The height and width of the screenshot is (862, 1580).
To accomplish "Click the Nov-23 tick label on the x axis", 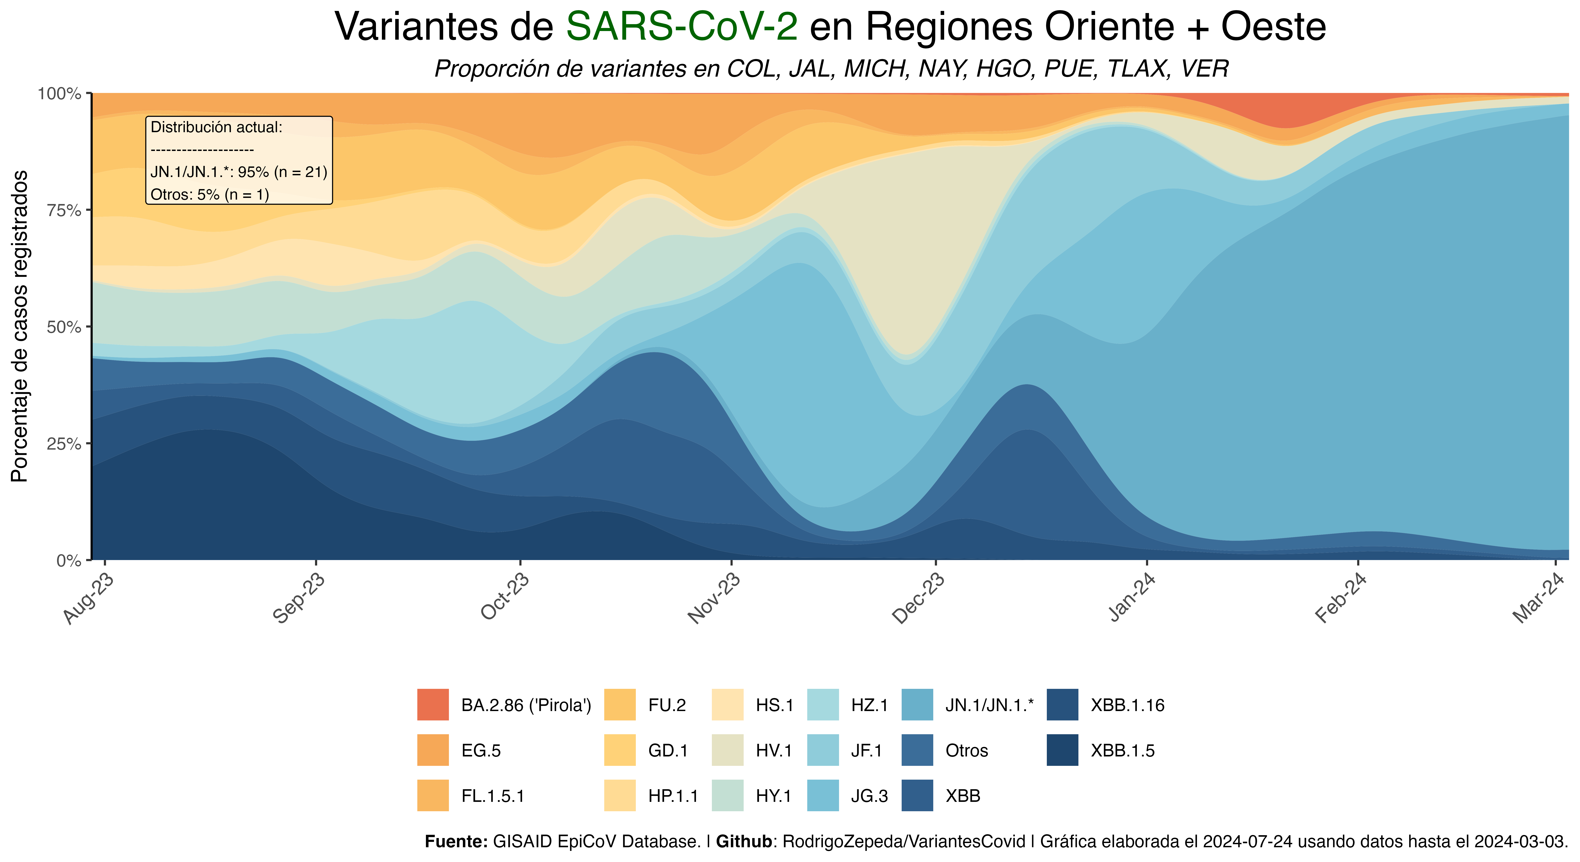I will (713, 598).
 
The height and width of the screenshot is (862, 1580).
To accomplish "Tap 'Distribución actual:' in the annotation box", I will (217, 128).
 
